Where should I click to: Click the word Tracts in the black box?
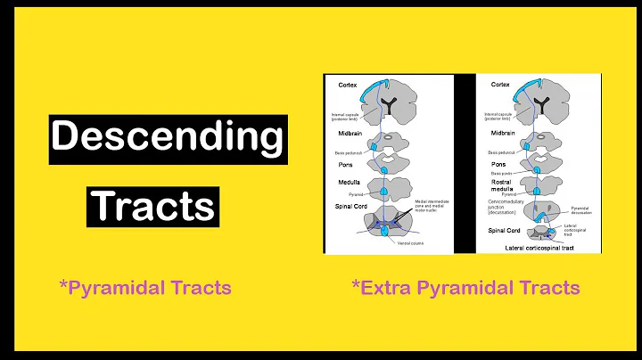point(154,206)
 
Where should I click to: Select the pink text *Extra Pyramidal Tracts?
point(466,288)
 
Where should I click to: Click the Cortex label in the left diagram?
point(349,85)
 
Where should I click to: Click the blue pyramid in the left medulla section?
point(383,190)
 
